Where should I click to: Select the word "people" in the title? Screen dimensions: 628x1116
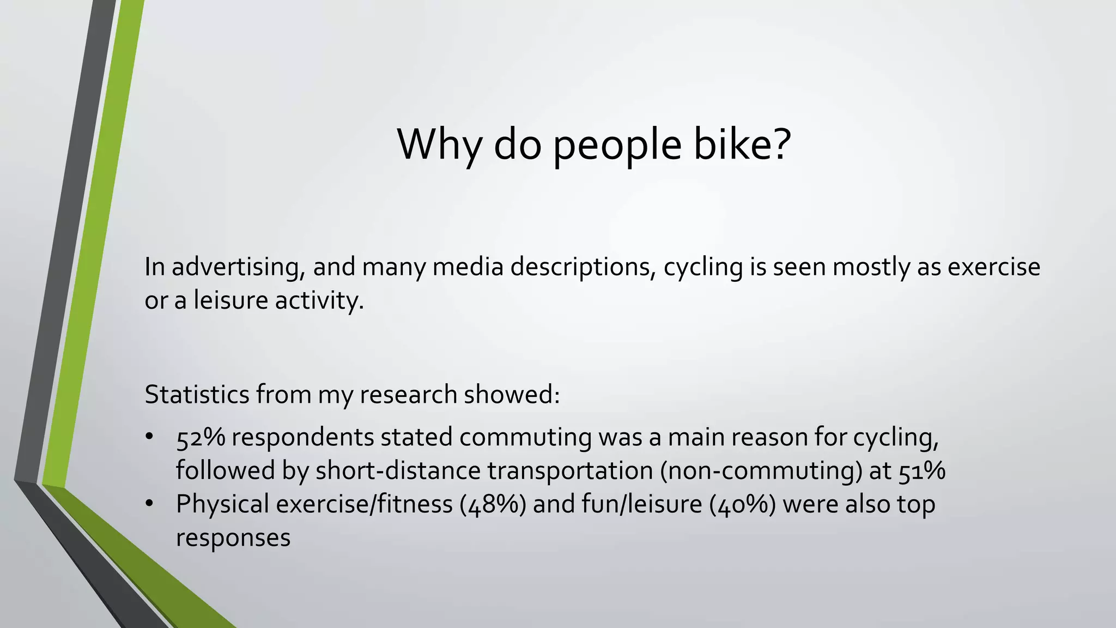pyautogui.click(x=617, y=146)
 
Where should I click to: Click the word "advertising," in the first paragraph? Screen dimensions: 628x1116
pyautogui.click(x=238, y=267)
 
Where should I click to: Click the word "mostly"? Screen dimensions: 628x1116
pyautogui.click(x=871, y=267)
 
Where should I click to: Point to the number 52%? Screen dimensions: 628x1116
pyautogui.click(x=201, y=437)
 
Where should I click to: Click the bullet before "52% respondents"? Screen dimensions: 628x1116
pyautogui.click(x=150, y=437)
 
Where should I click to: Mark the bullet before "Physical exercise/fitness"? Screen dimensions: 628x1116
pyautogui.click(x=150, y=504)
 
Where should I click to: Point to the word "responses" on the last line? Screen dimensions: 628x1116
pyautogui.click(x=233, y=538)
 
